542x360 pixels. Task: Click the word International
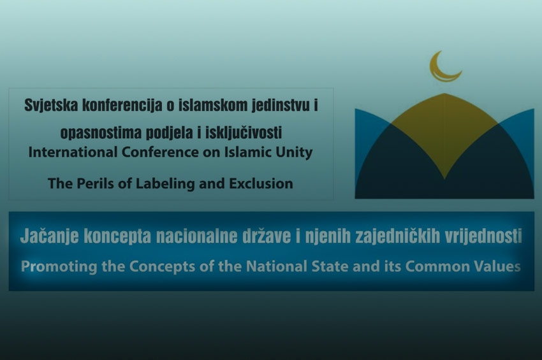[73, 152]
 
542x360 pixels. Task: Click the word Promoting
[59, 267]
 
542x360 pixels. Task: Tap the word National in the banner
[277, 266]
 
